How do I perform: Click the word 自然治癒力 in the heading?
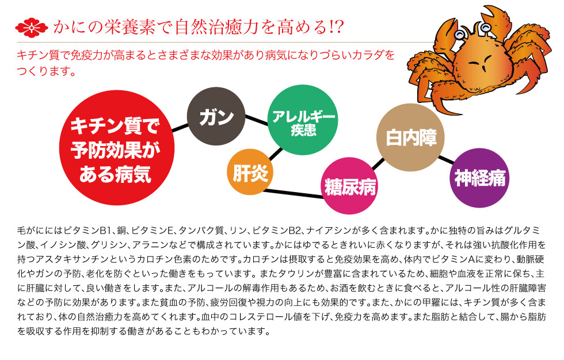click(202, 26)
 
